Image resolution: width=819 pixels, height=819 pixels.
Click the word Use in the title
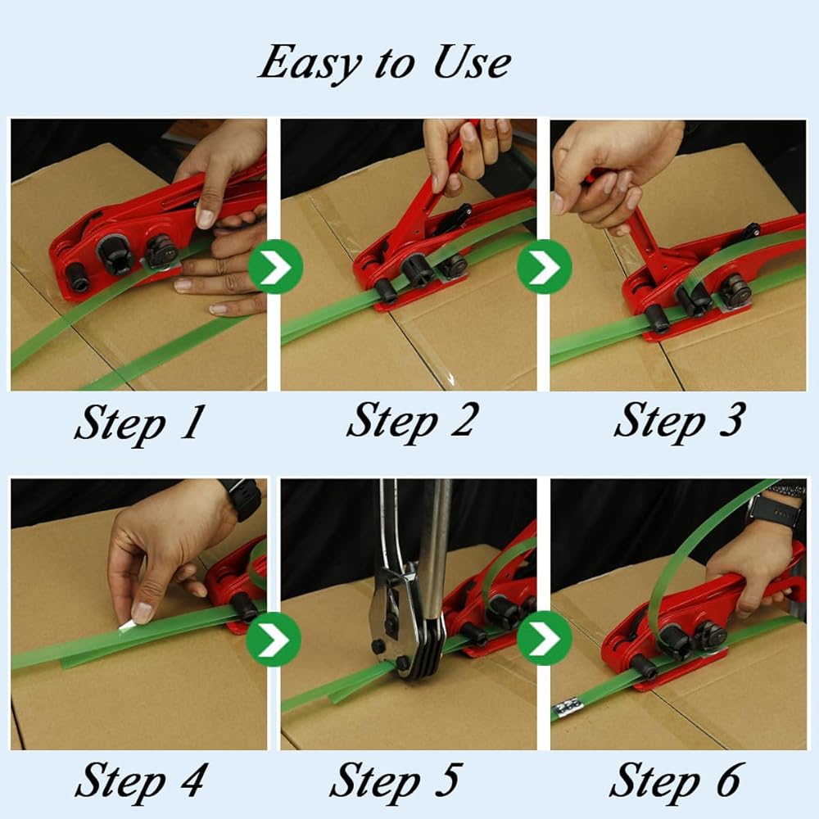point(473,62)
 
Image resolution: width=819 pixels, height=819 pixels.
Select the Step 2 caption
point(412,421)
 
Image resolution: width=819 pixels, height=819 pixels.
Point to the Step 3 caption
point(680,421)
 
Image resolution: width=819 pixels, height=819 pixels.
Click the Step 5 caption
point(396,781)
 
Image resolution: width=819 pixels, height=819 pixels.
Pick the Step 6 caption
point(675,781)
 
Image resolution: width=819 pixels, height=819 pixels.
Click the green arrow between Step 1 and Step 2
point(275,266)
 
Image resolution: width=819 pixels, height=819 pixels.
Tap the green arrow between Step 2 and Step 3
point(545,266)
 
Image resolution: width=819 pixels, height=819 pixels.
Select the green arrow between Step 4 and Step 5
point(274,639)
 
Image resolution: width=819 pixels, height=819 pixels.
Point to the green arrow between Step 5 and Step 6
point(545,638)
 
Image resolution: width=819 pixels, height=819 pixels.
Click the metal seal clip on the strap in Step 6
point(568,708)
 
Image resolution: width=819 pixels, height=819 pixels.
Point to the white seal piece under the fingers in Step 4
point(127,625)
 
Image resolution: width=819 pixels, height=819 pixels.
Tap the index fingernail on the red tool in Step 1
point(206,219)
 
